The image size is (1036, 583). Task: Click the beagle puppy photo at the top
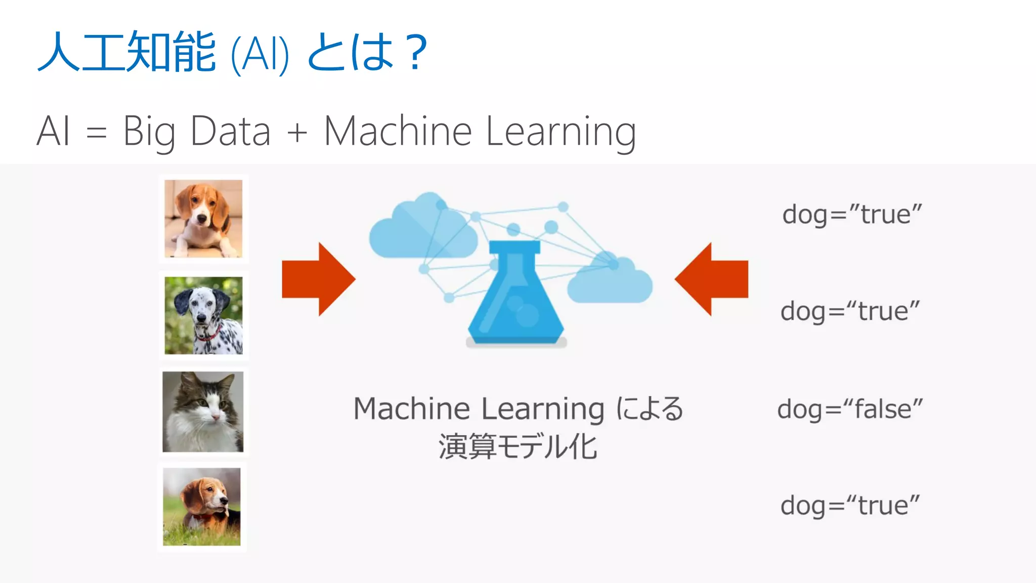(203, 219)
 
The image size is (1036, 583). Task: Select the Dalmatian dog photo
(203, 315)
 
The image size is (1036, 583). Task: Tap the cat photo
(203, 411)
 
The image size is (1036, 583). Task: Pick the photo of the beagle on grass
(202, 507)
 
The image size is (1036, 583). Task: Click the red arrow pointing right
(319, 279)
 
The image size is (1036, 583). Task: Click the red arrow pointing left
(711, 279)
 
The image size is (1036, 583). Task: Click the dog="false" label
(850, 409)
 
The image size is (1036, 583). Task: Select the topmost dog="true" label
(852, 215)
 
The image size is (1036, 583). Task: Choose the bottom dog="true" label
(850, 506)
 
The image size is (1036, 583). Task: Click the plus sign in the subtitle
(297, 133)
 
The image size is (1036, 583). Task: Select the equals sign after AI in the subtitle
(97, 133)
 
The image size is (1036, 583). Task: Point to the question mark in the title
(418, 52)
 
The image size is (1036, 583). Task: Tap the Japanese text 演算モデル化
(517, 447)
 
